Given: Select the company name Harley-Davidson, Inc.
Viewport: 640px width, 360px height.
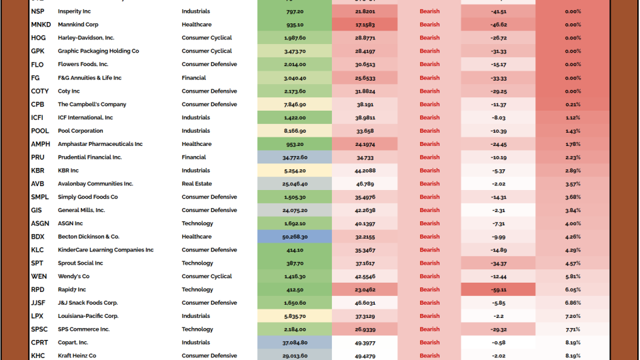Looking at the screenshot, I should [x=86, y=38].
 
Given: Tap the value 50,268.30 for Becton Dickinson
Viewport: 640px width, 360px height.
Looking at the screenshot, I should [x=294, y=237].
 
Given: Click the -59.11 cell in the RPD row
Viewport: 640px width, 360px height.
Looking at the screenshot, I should [x=497, y=290].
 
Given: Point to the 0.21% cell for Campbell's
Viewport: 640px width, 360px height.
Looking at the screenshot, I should [x=572, y=105].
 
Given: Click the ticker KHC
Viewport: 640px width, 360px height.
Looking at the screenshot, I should [x=38, y=356].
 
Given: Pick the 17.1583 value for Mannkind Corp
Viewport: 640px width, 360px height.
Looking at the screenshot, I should [x=365, y=25].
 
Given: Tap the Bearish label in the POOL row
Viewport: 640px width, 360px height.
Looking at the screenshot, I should [x=429, y=131].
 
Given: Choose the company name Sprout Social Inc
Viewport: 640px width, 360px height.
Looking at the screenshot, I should [x=81, y=263].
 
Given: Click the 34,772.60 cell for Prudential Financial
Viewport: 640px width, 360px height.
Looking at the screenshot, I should [x=294, y=157].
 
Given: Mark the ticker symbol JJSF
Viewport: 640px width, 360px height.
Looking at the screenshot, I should [x=38, y=303].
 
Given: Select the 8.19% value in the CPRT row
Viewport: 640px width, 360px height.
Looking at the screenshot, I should [x=572, y=343].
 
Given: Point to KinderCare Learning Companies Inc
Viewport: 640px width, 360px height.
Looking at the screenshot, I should [x=105, y=250].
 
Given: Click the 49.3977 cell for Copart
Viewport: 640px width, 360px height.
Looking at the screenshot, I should [x=365, y=343].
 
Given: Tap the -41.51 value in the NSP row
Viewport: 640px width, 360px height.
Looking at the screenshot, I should [x=497, y=11].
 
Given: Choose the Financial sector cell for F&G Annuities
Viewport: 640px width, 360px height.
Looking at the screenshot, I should [x=194, y=78].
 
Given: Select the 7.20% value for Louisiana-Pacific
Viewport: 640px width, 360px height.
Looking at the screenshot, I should [x=572, y=316].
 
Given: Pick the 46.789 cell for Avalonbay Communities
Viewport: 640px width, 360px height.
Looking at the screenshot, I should [x=365, y=184].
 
